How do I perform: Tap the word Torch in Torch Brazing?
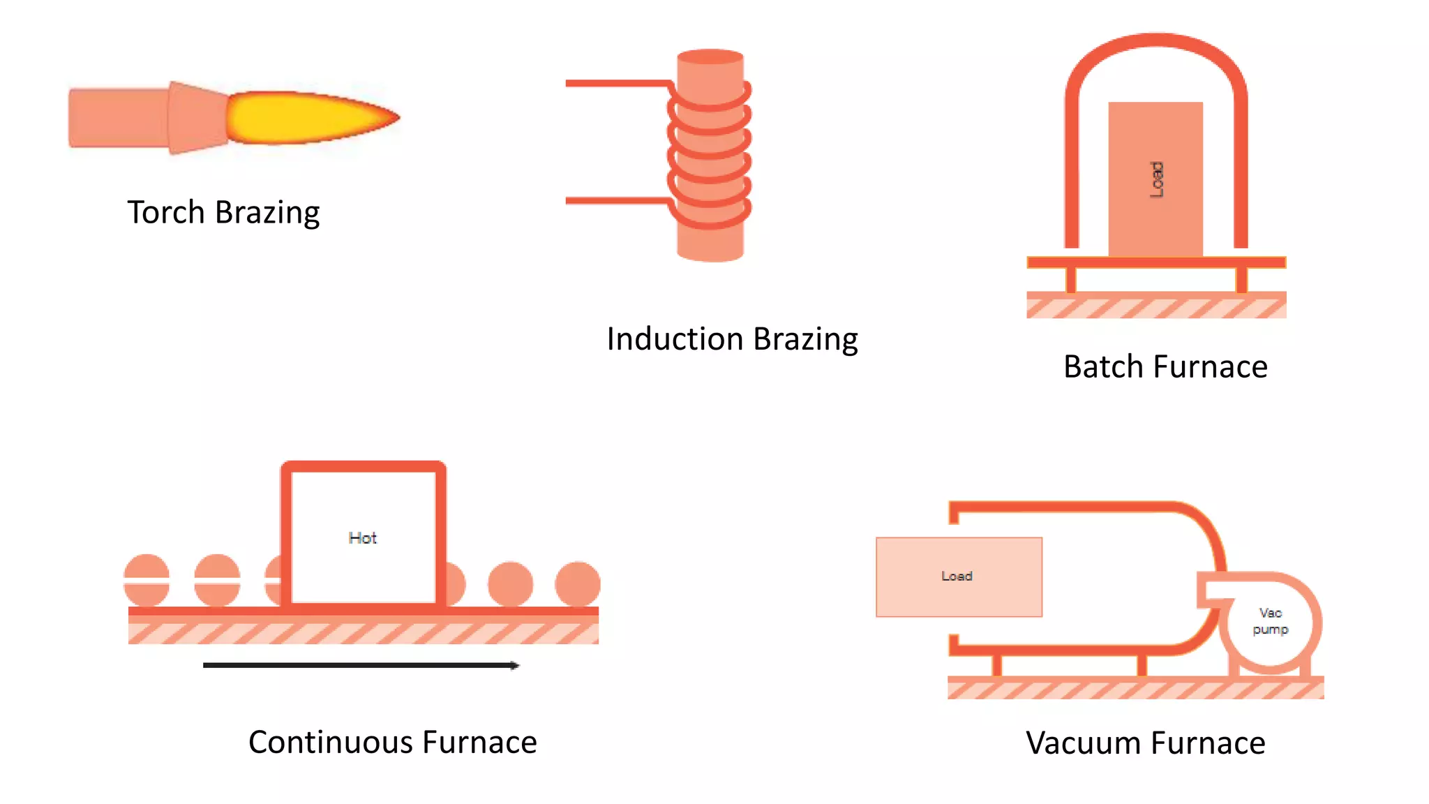(x=165, y=213)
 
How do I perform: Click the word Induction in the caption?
(x=675, y=340)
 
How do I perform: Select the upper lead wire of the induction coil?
(x=614, y=84)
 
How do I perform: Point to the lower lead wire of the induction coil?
(x=614, y=201)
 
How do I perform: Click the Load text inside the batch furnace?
(x=1156, y=180)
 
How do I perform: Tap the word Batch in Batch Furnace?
(x=1102, y=367)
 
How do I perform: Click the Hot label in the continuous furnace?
(x=362, y=538)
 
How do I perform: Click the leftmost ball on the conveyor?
(x=147, y=581)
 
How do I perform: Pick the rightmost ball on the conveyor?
(x=578, y=584)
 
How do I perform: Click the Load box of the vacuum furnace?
(x=959, y=576)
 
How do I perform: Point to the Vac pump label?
(x=1270, y=621)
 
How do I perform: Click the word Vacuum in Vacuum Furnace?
(x=1081, y=743)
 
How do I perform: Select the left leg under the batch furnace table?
(x=1071, y=280)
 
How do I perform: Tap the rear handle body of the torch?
(x=117, y=117)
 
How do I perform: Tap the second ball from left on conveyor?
(x=217, y=581)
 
